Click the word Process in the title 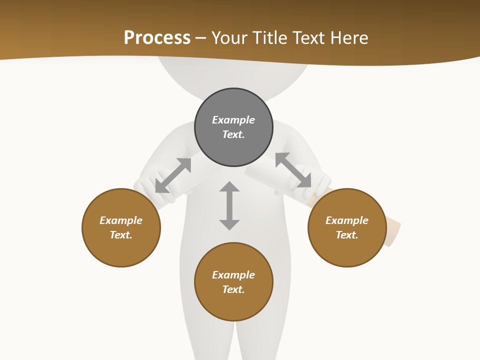[157, 37]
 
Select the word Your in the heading [230, 37]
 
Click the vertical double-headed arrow [229, 205]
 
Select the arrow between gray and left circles [173, 175]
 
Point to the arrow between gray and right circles [293, 170]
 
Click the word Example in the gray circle [233, 120]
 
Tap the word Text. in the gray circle [233, 134]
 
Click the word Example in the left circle [121, 220]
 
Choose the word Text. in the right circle [347, 235]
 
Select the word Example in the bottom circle [233, 275]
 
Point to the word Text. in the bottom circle [233, 289]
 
